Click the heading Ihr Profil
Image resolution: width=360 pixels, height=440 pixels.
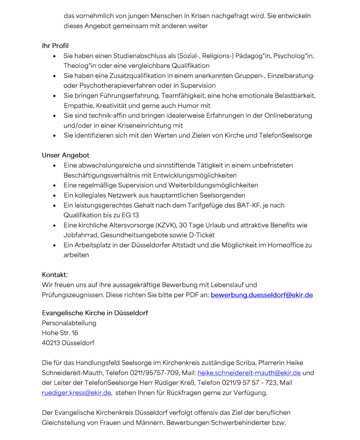[55, 46]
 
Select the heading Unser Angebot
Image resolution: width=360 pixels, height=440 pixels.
[65, 155]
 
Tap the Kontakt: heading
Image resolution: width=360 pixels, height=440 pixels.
[55, 275]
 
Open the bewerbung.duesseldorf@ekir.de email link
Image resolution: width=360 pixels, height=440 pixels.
[262, 295]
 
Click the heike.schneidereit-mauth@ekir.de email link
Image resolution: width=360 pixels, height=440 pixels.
[249, 373]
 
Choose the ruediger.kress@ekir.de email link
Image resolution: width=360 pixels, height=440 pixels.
[76, 393]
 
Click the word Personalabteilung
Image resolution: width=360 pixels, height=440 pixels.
[69, 323]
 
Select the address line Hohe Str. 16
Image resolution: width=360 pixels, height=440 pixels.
[60, 333]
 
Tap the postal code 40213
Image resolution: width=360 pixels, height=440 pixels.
[51, 343]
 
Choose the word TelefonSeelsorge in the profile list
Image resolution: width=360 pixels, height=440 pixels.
[285, 135]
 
